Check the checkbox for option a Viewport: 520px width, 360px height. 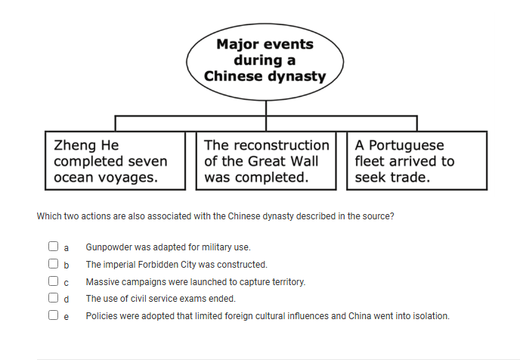53,247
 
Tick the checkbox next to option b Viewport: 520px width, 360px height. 53,264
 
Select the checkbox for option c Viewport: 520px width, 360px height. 53,281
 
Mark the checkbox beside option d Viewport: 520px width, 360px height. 53,299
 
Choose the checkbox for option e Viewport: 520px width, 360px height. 53,316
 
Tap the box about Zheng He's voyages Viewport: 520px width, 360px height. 116,161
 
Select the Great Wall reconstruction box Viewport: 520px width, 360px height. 266,161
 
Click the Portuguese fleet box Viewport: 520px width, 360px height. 416,161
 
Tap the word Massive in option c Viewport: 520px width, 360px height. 101,282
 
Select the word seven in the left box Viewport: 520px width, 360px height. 148,161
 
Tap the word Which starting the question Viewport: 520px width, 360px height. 48,216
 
